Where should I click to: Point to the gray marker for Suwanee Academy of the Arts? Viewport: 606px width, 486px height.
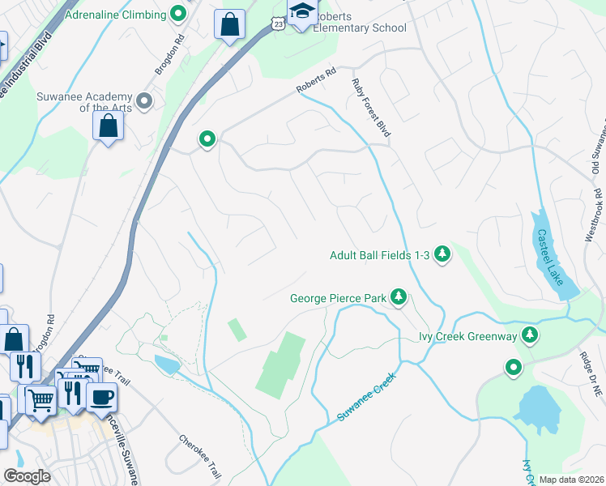point(145,101)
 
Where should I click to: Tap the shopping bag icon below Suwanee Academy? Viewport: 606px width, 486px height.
point(108,126)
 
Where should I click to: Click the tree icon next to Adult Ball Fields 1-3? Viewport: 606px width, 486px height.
point(442,255)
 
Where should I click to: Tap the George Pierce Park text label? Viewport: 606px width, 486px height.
point(339,299)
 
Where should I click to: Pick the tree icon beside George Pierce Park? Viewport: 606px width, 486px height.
point(398,298)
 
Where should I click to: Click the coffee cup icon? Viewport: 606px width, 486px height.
point(101,397)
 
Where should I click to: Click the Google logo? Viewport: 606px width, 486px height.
point(28,476)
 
